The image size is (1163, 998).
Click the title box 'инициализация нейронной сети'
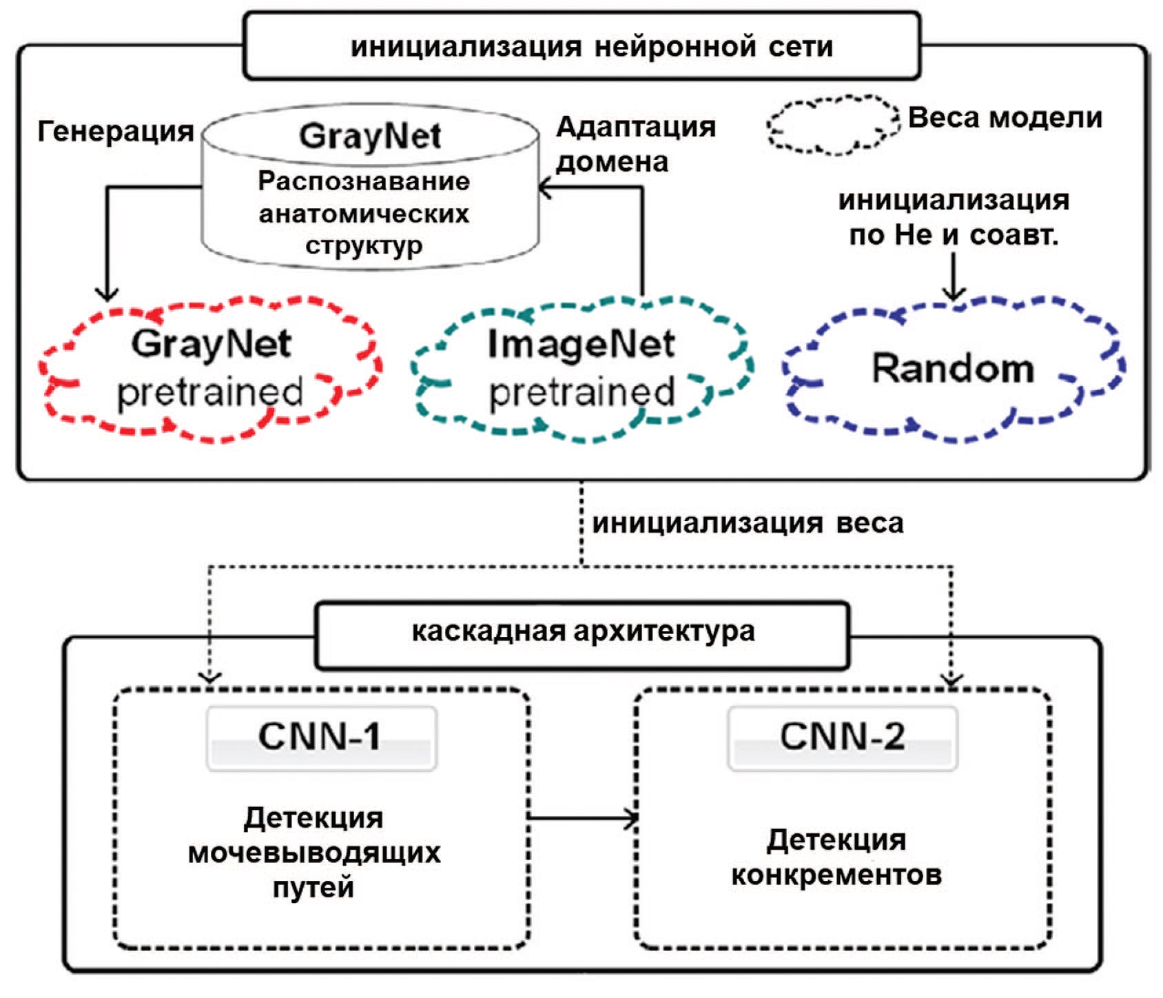coord(582,46)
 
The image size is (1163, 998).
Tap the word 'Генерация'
coord(115,131)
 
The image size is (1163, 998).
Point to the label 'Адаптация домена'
coord(635,144)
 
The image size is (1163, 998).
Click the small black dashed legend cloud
coord(833,124)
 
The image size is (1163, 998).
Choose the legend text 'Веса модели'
coord(1005,118)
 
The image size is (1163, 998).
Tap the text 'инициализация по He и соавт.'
coord(954,218)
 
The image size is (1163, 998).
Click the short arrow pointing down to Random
coord(954,276)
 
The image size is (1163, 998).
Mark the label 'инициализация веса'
coord(748,524)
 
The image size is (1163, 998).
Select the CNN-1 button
coord(321,737)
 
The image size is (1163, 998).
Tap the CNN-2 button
coord(842,737)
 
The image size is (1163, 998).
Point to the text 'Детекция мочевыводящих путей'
coord(314,852)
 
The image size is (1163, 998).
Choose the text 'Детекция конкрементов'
coord(836,857)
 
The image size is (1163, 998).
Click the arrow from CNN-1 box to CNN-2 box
coord(582,818)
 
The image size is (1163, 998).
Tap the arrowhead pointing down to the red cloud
coord(107,293)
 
